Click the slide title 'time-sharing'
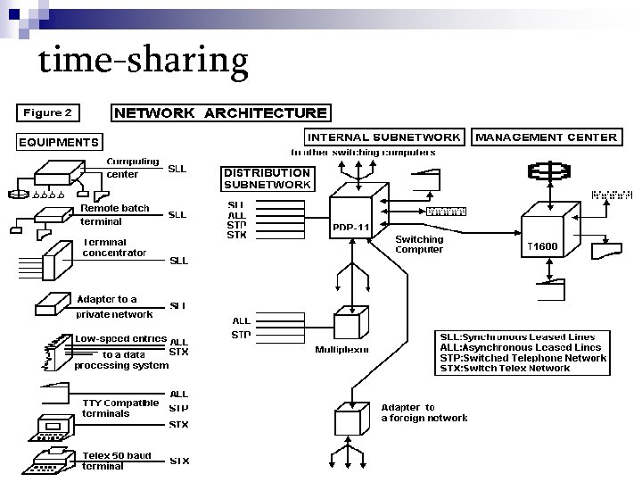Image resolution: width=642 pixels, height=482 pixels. (x=144, y=60)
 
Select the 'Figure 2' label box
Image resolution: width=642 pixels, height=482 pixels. (x=47, y=113)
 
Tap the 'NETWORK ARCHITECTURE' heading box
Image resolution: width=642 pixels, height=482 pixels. (x=219, y=113)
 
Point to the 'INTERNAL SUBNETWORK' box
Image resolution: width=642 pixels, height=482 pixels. (x=384, y=137)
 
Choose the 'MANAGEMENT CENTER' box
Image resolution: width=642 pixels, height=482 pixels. (x=546, y=137)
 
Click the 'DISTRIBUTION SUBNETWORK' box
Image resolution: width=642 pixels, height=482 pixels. (x=267, y=179)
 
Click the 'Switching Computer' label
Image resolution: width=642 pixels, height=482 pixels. (x=419, y=245)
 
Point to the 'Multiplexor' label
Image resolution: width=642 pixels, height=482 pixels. (x=342, y=350)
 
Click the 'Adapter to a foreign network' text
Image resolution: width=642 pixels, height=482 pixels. (x=424, y=412)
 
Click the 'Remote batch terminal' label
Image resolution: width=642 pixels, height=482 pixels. (x=115, y=215)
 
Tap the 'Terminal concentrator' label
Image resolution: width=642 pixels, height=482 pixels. (x=113, y=247)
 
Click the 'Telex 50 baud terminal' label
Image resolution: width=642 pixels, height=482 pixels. (x=117, y=461)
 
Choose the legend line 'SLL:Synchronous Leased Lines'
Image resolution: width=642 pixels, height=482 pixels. (x=521, y=337)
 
